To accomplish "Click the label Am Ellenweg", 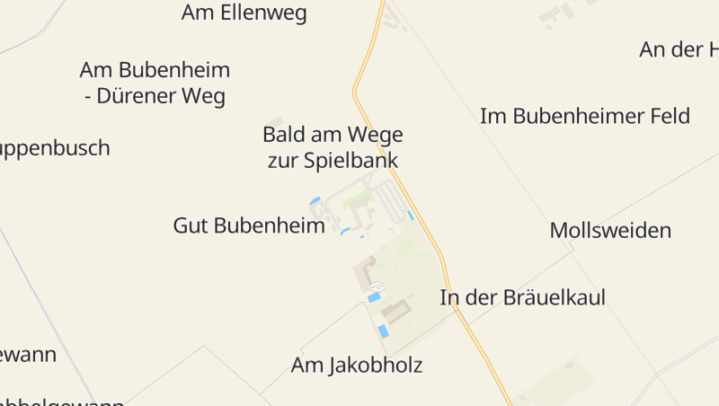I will click(x=244, y=13).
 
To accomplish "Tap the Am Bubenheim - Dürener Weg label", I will click(x=155, y=83).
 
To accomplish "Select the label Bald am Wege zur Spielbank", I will click(x=333, y=148).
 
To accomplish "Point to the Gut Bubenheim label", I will click(x=249, y=225).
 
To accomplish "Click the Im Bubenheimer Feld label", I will click(x=584, y=116).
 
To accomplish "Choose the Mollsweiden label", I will click(x=610, y=231).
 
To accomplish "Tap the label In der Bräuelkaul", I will click(x=522, y=298).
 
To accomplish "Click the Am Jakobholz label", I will click(x=356, y=366).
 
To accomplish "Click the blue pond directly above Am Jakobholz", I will click(x=383, y=331).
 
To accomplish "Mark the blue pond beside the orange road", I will click(x=411, y=216).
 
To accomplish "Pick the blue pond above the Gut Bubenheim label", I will click(x=315, y=200).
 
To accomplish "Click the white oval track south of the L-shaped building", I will click(x=377, y=287).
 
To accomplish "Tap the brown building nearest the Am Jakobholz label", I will click(x=395, y=311).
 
